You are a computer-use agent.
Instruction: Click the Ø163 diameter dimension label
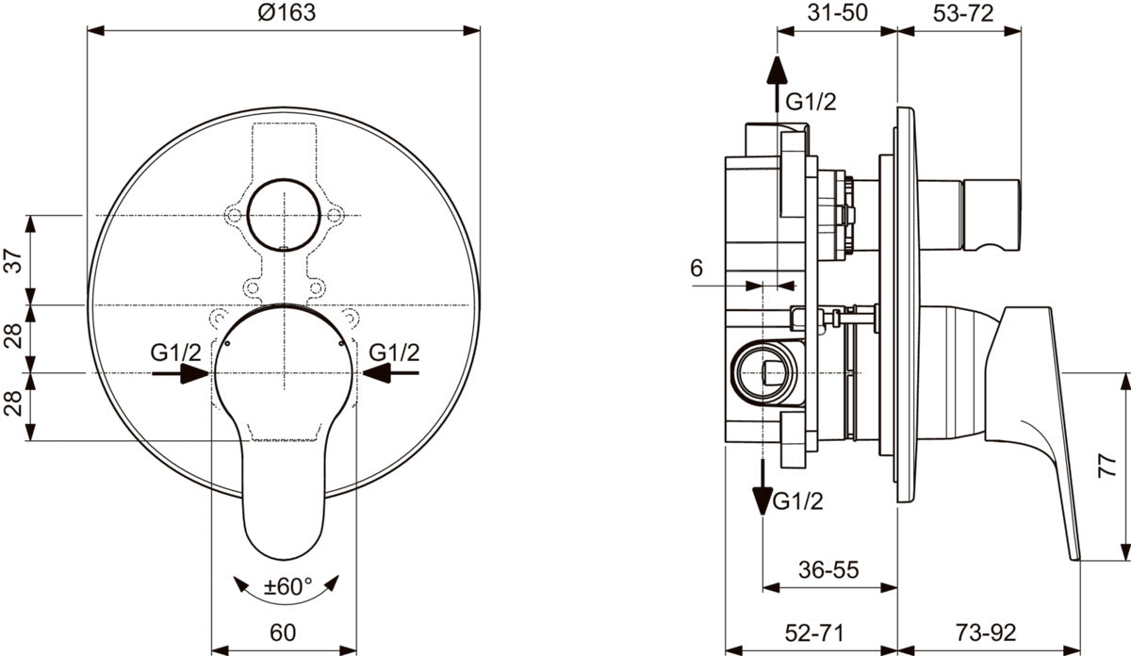coord(287,12)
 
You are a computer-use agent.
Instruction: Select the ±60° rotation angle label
coord(287,586)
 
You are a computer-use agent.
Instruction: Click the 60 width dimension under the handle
coord(283,632)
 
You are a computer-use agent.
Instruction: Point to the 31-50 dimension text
coord(837,12)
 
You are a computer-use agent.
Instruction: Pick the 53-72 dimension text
coord(963,13)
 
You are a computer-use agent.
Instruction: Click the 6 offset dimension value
coord(697,269)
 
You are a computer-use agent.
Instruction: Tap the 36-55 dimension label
coord(828,569)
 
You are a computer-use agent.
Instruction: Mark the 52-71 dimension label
coord(814,632)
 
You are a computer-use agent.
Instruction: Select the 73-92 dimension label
coord(986,632)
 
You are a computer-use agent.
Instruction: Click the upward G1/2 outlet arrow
coord(777,83)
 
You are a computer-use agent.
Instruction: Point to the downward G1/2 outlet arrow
coord(762,487)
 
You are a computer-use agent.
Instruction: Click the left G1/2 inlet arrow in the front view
coord(180,373)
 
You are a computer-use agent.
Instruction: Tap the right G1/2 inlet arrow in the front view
coord(390,373)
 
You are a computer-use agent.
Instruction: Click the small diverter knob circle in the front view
coord(284,215)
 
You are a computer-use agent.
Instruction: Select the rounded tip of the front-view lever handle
coord(284,559)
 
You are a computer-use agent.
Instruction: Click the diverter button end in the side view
coord(992,215)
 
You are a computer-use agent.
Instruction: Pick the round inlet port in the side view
coord(763,373)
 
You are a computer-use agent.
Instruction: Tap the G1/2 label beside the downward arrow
coord(798,501)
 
